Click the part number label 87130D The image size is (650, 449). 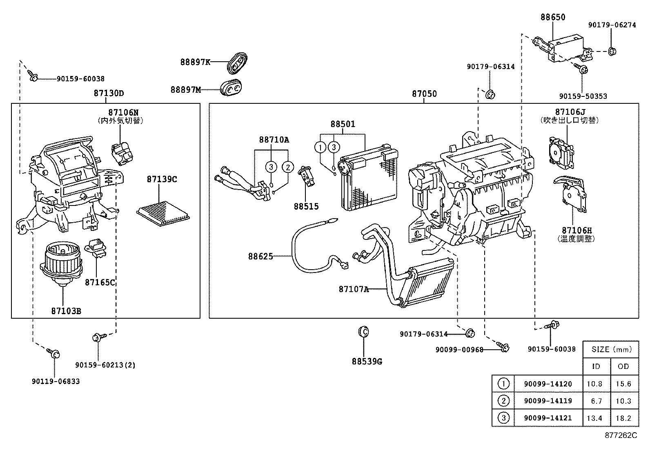[109, 93]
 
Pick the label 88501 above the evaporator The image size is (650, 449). [343, 124]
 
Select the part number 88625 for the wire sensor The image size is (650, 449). [260, 257]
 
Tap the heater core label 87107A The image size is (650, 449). [353, 289]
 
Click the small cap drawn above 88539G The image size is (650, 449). [363, 331]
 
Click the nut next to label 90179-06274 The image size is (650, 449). [612, 51]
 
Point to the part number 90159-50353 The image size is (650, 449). [583, 96]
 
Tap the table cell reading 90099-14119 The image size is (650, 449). [548, 401]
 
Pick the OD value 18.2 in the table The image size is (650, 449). [623, 418]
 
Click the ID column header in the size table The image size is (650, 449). [596, 366]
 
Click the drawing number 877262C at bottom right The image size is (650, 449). [621, 435]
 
